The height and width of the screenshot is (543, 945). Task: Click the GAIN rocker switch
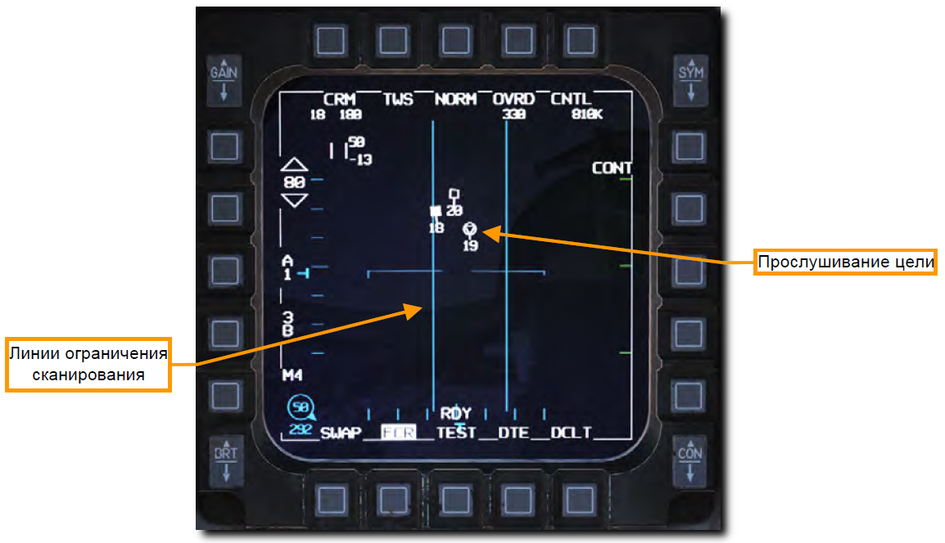point(223,81)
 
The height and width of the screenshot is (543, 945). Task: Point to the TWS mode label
point(398,100)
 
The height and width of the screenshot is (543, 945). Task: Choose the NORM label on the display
point(455,100)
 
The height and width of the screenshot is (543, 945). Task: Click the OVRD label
point(513,100)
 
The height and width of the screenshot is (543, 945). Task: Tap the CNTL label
point(571,100)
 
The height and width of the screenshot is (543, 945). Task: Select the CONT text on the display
point(612,168)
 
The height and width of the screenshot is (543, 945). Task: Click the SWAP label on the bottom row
point(341,433)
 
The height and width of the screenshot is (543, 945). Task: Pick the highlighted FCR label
point(399,433)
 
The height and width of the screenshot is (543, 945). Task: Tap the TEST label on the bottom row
point(456,433)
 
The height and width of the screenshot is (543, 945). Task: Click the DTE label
point(513,433)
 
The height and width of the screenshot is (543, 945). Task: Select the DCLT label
point(571,433)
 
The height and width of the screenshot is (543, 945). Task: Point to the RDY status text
point(455,414)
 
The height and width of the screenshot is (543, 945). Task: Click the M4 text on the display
point(292,375)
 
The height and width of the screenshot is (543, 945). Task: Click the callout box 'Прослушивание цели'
point(845,263)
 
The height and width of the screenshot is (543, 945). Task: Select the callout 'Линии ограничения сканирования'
point(88,365)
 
